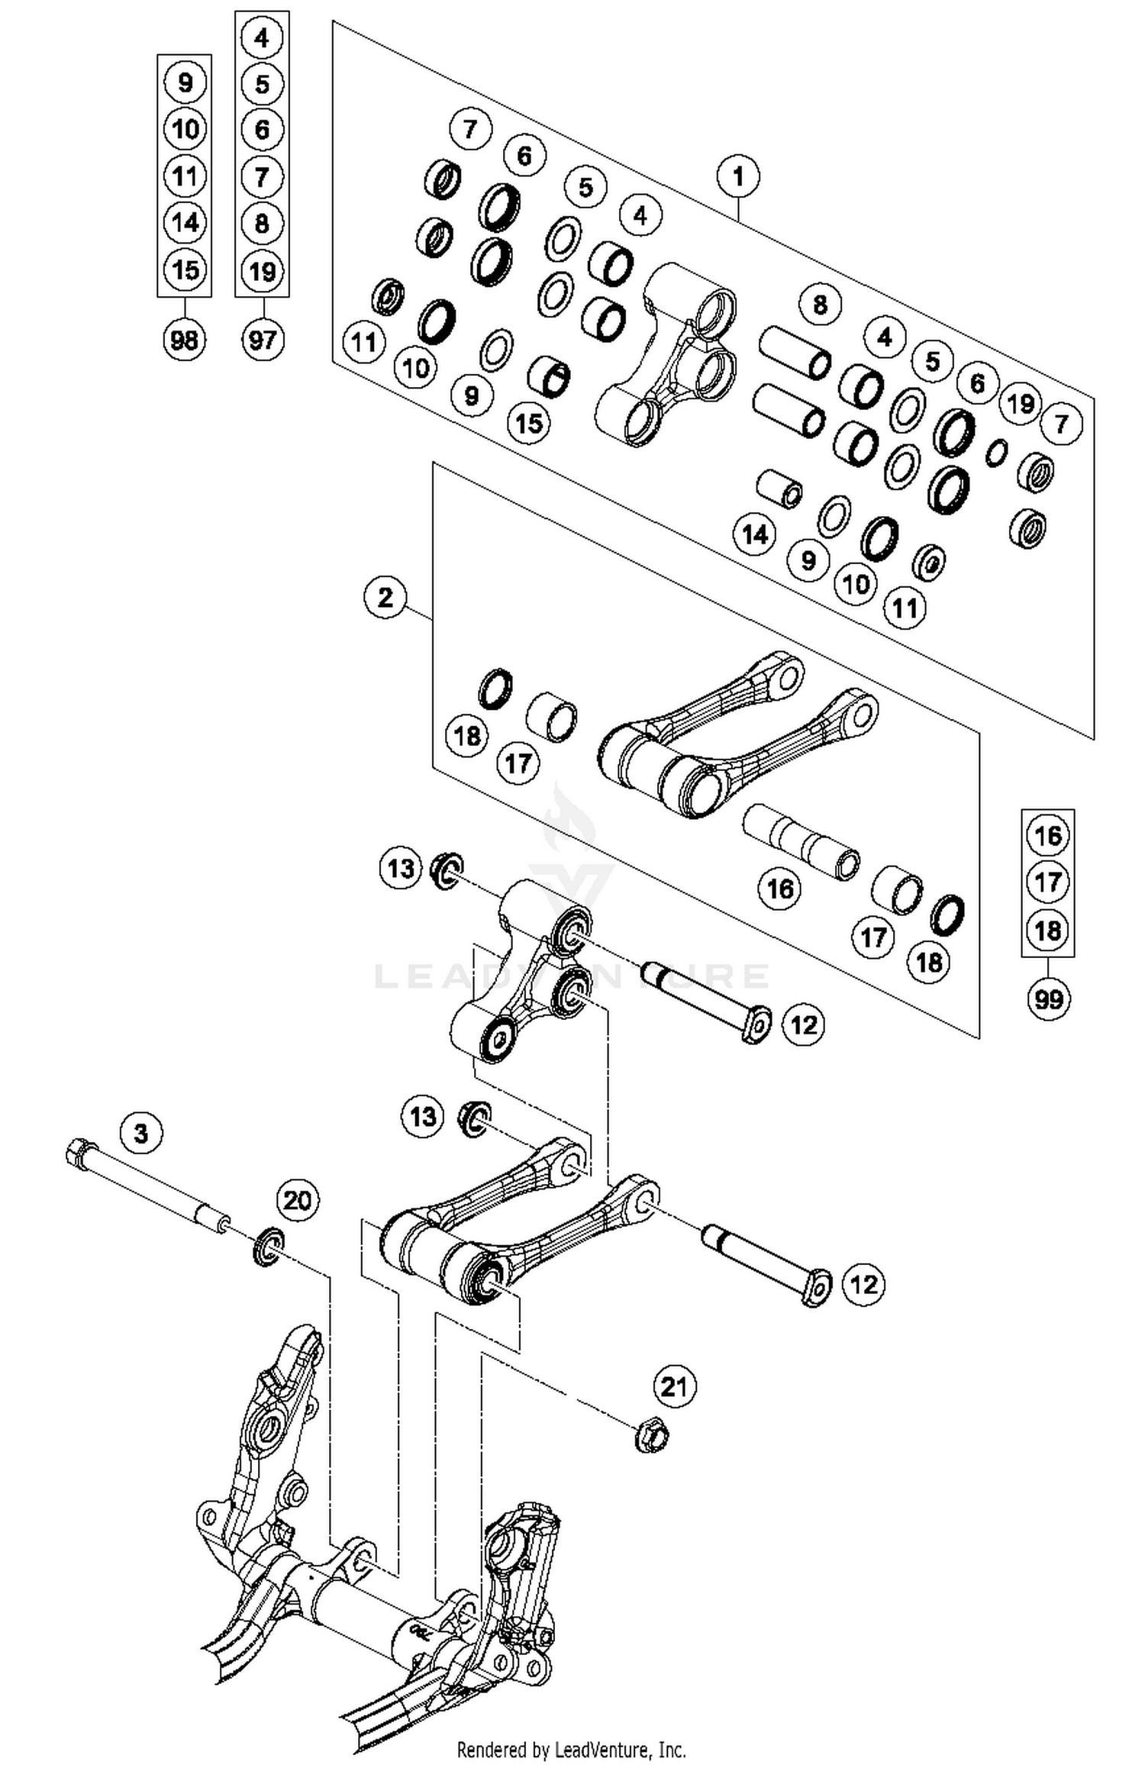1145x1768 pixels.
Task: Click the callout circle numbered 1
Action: coord(737,176)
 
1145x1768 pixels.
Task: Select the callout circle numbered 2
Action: coord(385,597)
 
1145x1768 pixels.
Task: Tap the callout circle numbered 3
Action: coord(141,1133)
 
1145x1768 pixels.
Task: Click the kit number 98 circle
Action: coord(185,340)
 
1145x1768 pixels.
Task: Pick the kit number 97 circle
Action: coord(262,340)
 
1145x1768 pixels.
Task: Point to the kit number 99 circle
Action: coord(1048,999)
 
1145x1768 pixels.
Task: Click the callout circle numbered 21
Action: coord(674,1386)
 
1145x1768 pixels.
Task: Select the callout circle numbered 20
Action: coord(297,1200)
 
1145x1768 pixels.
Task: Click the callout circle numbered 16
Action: coord(779,889)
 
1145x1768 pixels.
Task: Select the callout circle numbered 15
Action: coord(529,422)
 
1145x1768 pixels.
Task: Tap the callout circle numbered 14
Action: coord(755,534)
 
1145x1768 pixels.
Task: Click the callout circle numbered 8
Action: coord(820,305)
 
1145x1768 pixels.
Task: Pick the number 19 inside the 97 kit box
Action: coord(262,271)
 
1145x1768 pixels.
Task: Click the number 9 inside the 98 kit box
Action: coord(185,82)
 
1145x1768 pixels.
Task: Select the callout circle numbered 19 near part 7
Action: coord(1021,403)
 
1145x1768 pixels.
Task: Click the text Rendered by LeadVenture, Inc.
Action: coord(571,1748)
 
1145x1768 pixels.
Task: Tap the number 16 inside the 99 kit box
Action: coord(1047,835)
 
